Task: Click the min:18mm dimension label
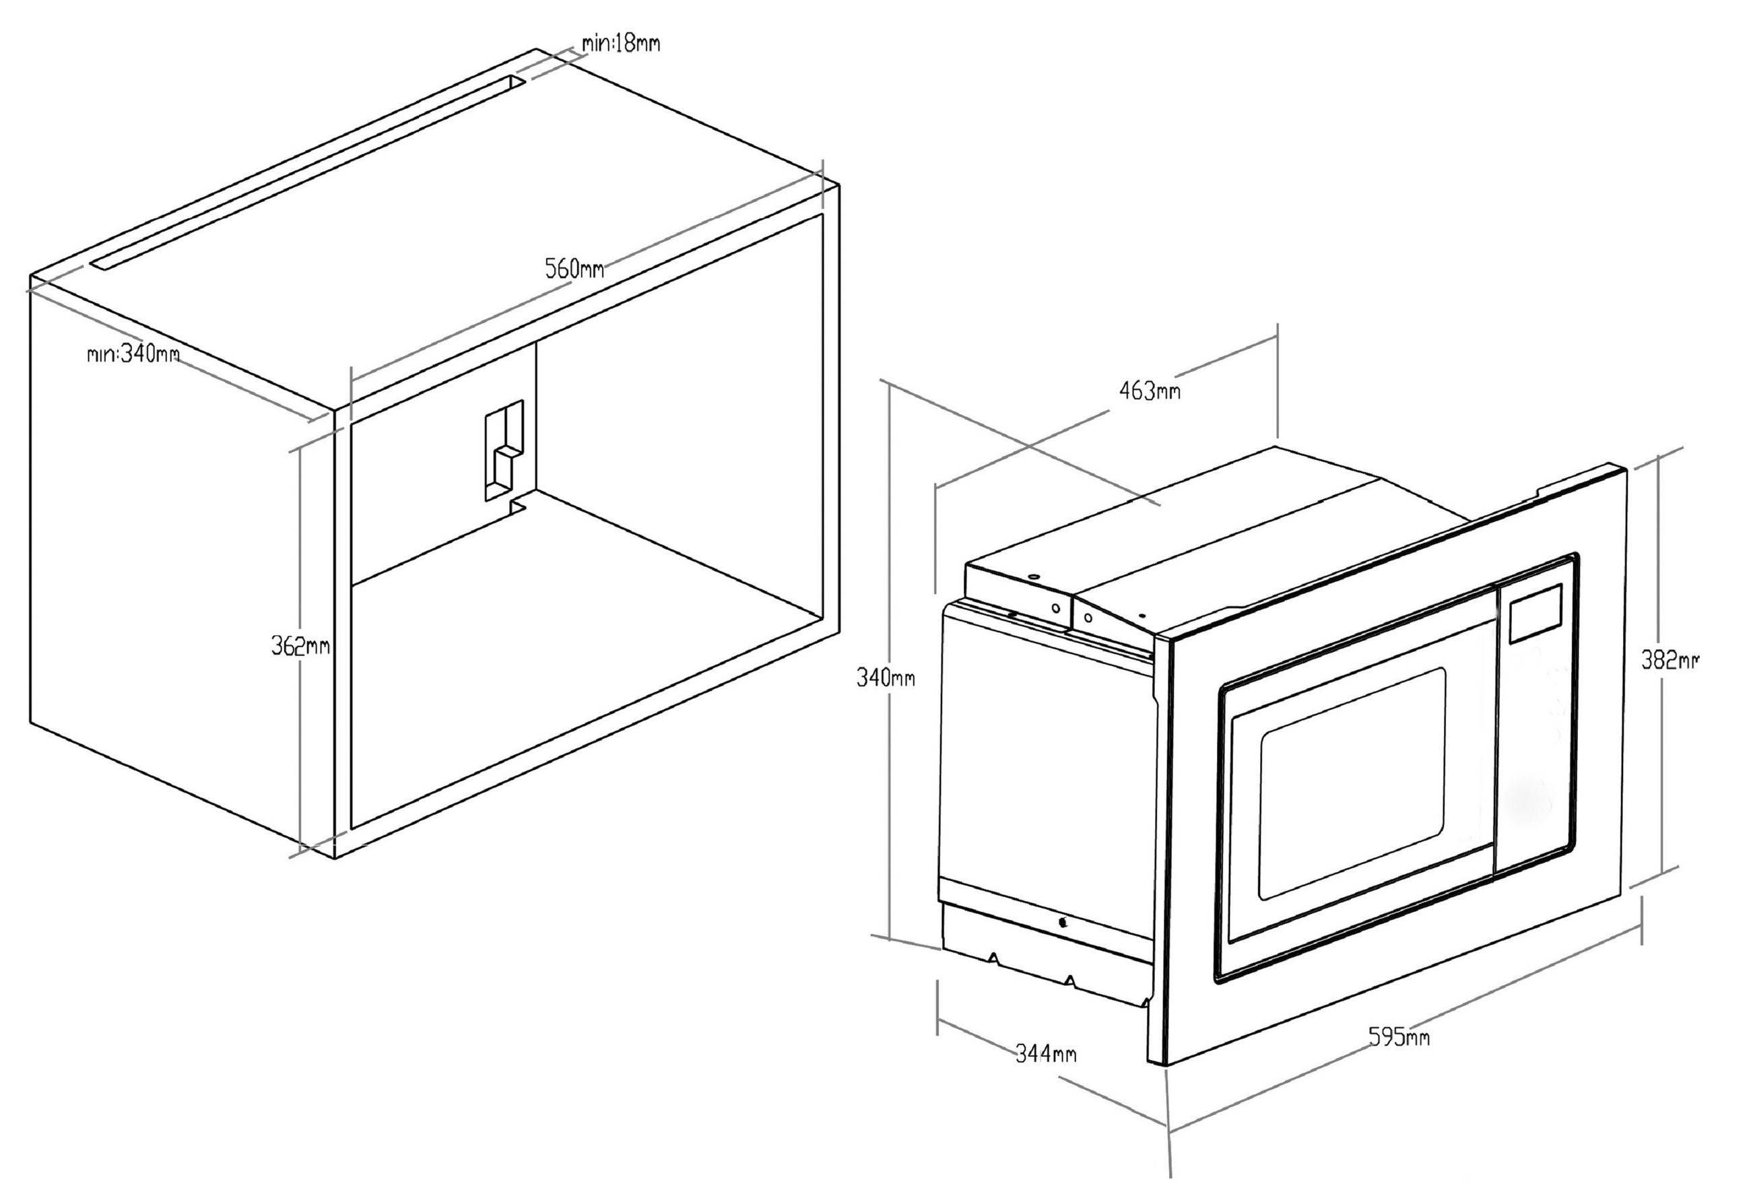[x=621, y=43]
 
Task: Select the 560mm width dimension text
[x=574, y=267]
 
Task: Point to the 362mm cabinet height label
[x=300, y=646]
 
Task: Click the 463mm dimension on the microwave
[x=1149, y=391]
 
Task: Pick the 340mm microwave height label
[x=886, y=678]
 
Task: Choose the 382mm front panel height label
[x=1670, y=660]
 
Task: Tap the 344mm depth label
[x=1045, y=1053]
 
